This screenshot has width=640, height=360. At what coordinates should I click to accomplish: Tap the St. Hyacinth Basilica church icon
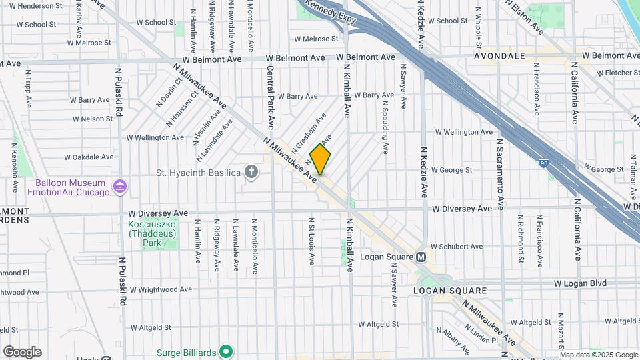click(251, 173)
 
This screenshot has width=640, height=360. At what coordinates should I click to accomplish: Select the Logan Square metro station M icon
click(421, 257)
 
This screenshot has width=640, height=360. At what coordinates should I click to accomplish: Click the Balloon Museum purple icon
click(120, 187)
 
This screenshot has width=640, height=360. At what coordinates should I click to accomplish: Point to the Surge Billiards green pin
click(226, 351)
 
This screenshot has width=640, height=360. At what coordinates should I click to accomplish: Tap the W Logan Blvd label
click(579, 283)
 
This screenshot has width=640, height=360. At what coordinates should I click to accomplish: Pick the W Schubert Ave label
click(456, 246)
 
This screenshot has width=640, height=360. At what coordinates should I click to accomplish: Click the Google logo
click(22, 352)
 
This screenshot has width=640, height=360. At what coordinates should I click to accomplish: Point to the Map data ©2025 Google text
click(596, 355)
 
